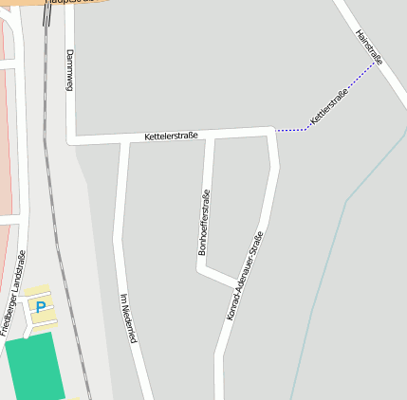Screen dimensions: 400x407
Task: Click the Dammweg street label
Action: click(x=69, y=70)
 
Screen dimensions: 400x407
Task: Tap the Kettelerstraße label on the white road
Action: click(x=171, y=136)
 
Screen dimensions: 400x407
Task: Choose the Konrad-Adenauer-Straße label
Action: click(x=243, y=275)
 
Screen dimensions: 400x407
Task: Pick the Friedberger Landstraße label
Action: click(x=13, y=293)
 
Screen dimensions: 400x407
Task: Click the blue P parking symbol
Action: click(x=40, y=306)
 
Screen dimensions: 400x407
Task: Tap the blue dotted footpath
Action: click(x=342, y=95)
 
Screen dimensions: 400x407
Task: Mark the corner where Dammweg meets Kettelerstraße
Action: click(x=70, y=140)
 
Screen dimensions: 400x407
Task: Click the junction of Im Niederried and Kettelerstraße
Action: click(x=124, y=140)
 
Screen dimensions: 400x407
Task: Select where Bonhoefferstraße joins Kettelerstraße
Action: click(x=210, y=136)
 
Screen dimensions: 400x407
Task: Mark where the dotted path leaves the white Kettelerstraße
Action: click(x=275, y=131)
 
